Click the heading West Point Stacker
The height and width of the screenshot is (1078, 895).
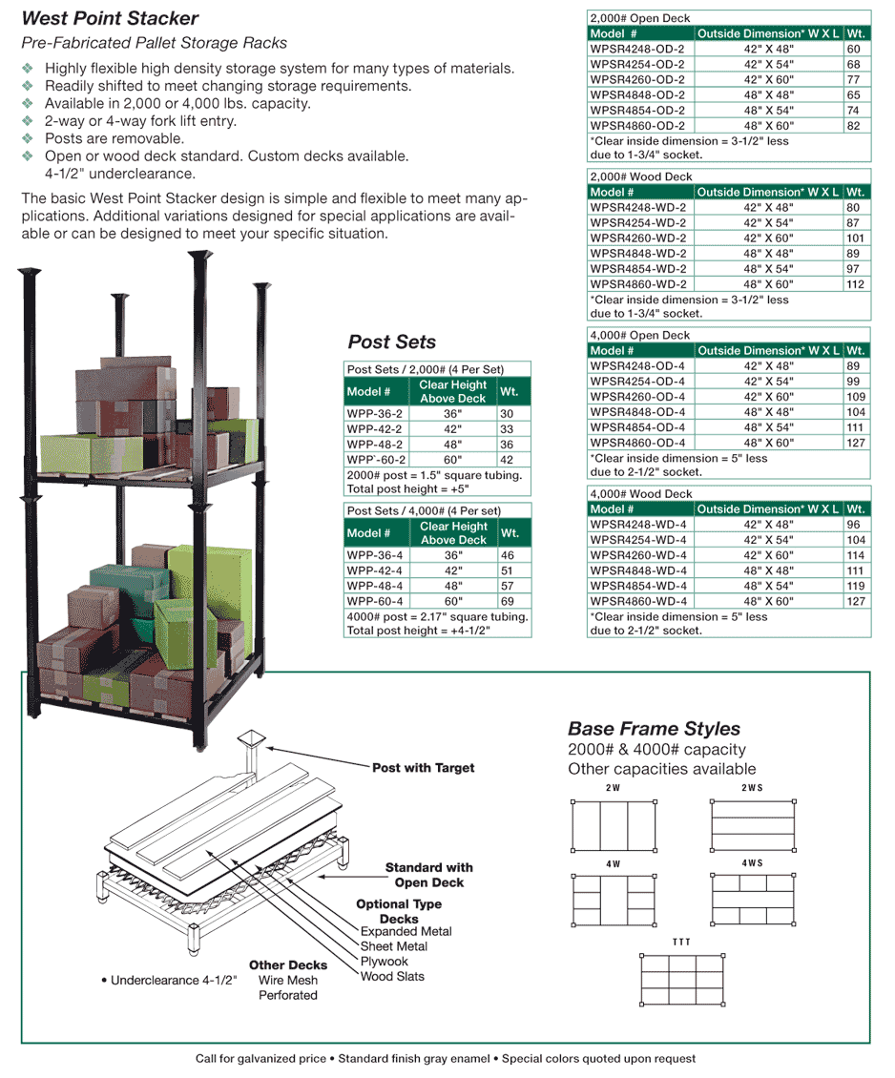110,18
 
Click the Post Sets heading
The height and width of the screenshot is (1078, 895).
391,342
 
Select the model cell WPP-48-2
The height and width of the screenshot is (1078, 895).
375,445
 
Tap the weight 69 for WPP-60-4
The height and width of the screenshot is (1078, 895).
508,602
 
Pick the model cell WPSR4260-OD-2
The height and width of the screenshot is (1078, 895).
637,79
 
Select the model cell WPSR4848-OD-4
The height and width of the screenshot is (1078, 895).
637,412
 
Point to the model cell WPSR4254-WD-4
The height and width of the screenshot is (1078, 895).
638,540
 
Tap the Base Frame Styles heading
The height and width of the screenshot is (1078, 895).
654,730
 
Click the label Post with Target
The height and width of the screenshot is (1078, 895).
423,768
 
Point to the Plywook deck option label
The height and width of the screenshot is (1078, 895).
384,962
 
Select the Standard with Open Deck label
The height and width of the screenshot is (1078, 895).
428,875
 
